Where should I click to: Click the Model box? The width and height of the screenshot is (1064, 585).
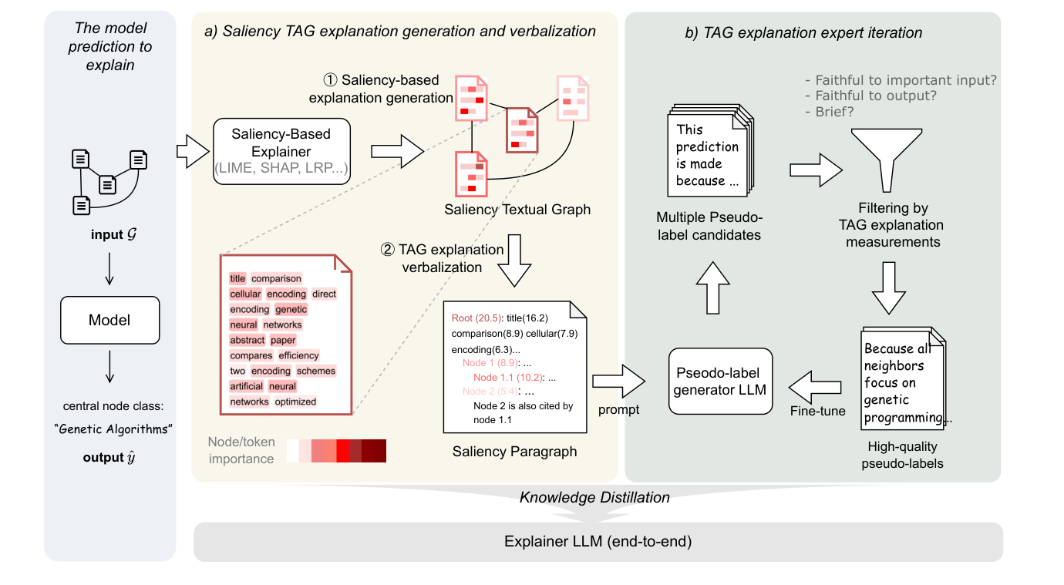[109, 319]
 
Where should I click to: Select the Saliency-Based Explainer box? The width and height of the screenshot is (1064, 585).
[281, 151]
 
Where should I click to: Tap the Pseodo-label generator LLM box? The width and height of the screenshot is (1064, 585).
[720, 381]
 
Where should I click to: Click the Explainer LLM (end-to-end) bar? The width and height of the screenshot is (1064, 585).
[598, 542]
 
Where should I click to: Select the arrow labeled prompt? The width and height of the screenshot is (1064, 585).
[618, 380]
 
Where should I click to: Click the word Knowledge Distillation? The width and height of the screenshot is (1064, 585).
[594, 498]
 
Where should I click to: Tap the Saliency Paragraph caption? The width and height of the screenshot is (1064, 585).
[514, 452]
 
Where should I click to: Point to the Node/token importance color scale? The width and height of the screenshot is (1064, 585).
[336, 450]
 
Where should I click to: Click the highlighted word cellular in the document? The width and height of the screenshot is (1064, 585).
[245, 294]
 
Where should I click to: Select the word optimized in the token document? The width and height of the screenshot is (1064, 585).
[295, 402]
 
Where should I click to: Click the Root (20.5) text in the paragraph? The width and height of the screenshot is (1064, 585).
[476, 318]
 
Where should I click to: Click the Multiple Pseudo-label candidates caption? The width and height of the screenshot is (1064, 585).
[708, 226]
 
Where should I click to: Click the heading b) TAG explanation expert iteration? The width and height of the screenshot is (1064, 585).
[803, 33]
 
